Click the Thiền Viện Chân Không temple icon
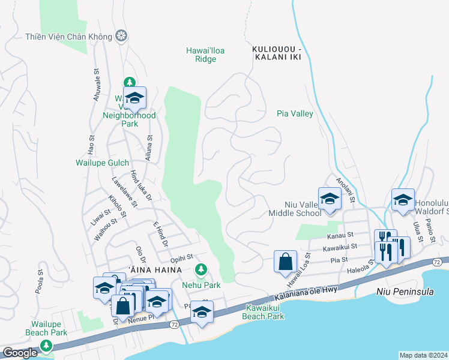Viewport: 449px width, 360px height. [x=122, y=36]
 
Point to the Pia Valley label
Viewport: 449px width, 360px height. [x=295, y=113]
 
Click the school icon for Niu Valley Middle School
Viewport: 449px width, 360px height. [x=329, y=199]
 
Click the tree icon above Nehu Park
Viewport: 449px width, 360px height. [x=201, y=268]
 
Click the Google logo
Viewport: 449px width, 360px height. [x=20, y=353]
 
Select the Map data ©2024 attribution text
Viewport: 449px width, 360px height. [x=423, y=355]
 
